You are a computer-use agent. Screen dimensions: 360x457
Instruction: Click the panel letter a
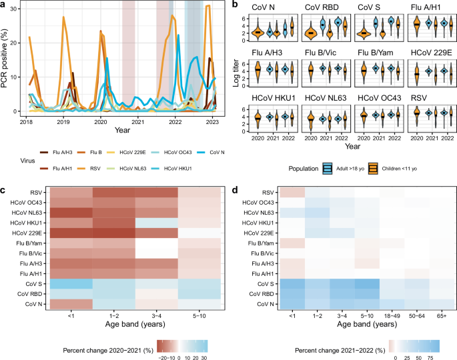[4, 5]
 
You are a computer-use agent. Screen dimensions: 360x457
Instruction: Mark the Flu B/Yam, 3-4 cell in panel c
[155, 246]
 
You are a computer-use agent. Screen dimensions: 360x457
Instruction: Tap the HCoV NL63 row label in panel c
[27, 212]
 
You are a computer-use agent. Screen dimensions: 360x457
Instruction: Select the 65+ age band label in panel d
[441, 316]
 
